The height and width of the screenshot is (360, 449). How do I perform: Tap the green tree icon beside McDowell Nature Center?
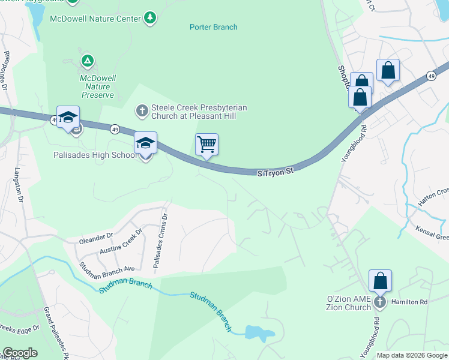150,18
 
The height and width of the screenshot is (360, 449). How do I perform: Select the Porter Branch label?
214,27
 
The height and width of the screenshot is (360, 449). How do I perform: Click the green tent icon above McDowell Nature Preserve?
88,60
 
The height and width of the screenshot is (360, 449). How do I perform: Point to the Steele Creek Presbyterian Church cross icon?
142,110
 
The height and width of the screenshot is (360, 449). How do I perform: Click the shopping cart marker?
206,145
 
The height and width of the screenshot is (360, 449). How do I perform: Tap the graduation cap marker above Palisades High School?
145,143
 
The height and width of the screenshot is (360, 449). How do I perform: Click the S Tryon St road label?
275,172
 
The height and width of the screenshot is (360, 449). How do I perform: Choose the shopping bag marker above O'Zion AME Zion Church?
380,281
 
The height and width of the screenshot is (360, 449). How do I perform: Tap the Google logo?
19,353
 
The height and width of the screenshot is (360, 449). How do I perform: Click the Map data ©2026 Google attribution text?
411,355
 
